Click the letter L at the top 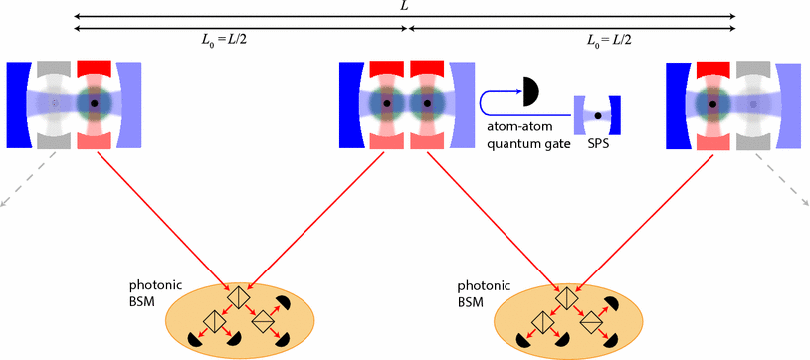[403, 6]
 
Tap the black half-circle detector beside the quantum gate [529, 92]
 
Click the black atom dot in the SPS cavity [598, 115]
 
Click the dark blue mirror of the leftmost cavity [19, 103]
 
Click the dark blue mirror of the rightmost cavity [677, 103]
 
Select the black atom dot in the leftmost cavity [94, 103]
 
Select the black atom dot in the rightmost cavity [714, 103]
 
